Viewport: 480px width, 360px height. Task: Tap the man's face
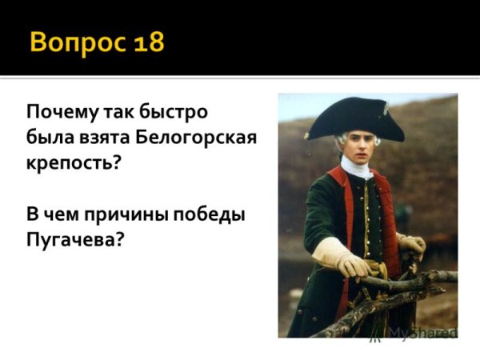pyautogui.click(x=353, y=145)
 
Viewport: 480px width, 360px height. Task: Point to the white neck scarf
pyautogui.click(x=356, y=168)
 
